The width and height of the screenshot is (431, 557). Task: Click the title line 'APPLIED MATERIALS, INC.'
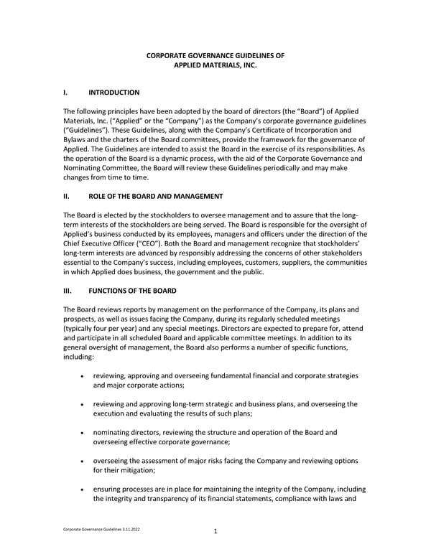click(x=215, y=65)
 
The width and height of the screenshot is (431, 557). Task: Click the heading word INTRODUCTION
click(x=113, y=93)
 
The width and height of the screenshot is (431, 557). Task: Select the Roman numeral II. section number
click(x=67, y=196)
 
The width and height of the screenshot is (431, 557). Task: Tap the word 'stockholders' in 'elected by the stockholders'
click(x=162, y=215)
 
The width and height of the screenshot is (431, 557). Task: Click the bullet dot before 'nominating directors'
click(x=86, y=433)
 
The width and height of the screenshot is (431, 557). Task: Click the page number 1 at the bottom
click(x=215, y=532)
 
